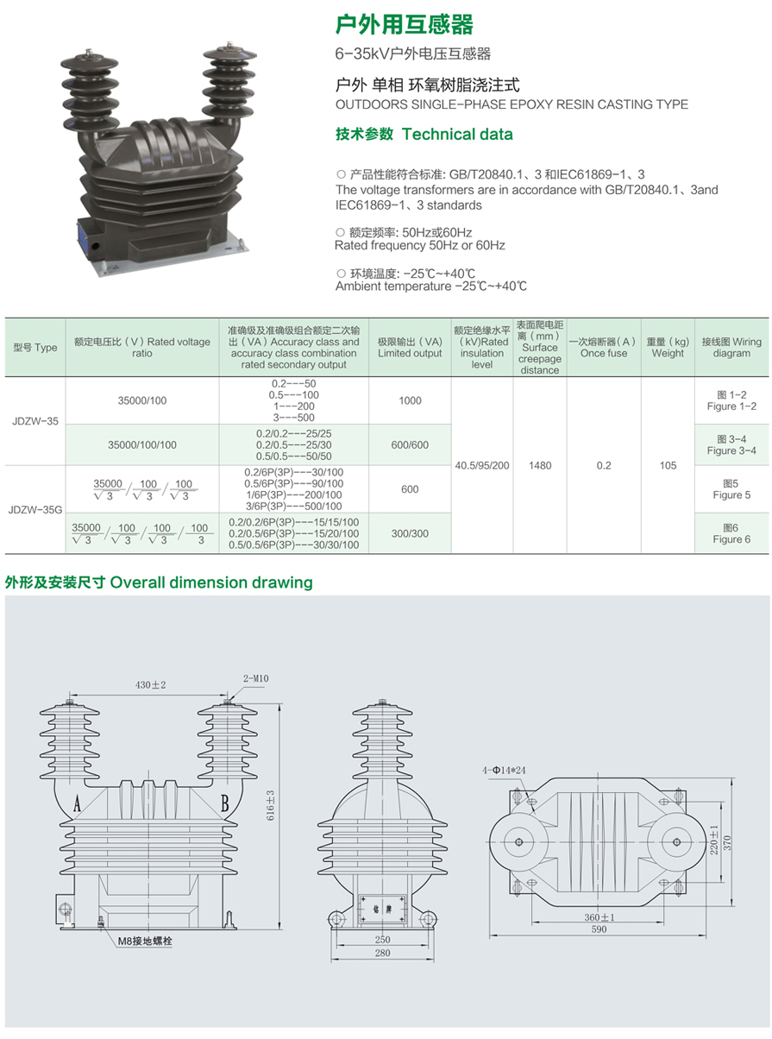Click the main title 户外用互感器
point(404,24)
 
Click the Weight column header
point(667,347)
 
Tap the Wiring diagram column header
point(731,347)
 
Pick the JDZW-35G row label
point(35,509)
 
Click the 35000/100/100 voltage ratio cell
point(142,444)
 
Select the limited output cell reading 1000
point(410,400)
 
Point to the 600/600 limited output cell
point(410,444)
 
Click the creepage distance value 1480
point(540,465)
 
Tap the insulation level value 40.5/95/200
point(481,465)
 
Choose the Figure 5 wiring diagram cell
point(731,488)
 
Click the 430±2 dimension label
point(150,684)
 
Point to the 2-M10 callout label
point(256,677)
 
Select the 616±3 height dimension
point(270,805)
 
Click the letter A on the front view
point(77,803)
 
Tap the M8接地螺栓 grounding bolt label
point(145,940)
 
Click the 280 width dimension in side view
point(382,953)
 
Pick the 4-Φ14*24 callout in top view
point(504,770)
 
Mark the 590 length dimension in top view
point(599,929)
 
